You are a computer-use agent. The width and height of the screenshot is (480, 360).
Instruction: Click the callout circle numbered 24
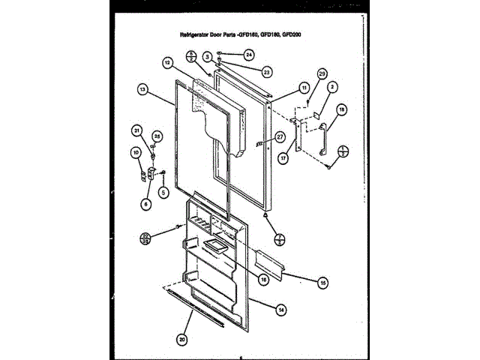(x=249, y=54)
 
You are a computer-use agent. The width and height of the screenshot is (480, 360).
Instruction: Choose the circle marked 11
(x=304, y=88)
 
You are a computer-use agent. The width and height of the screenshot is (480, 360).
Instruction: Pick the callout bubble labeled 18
(x=342, y=110)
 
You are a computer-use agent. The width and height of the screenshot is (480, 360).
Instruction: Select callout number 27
(x=280, y=137)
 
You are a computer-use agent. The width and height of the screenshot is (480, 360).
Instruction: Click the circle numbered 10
(x=136, y=154)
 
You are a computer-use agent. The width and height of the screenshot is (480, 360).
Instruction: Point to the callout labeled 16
(x=263, y=280)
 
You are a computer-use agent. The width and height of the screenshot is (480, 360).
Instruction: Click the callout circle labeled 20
(x=181, y=337)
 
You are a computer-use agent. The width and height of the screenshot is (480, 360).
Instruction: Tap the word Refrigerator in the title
(x=199, y=34)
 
